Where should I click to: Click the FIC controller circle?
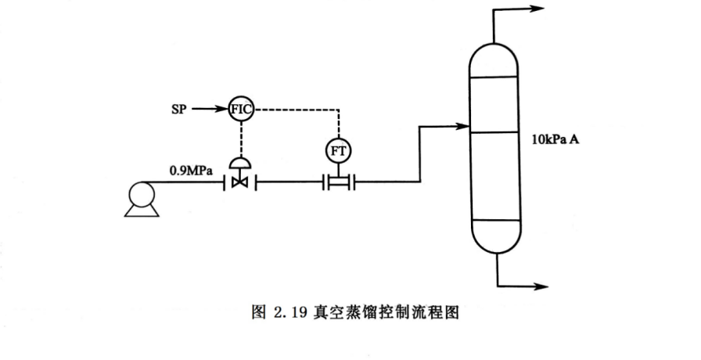[x=240, y=109]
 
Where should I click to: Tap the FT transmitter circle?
[x=339, y=150]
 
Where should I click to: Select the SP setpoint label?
[x=179, y=109]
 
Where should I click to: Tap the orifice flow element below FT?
[x=339, y=183]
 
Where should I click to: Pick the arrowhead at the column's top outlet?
[x=538, y=9]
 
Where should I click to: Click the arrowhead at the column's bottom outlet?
[x=538, y=286]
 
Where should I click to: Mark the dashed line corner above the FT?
[x=339, y=110]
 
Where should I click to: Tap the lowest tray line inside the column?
[x=495, y=221]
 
